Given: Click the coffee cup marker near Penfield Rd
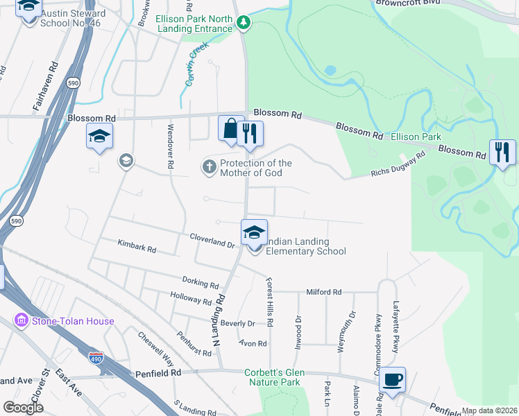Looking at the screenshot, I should [393, 380].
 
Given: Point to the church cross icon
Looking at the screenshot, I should [208, 167].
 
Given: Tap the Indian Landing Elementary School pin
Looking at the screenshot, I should [254, 232].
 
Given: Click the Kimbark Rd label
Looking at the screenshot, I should [137, 245].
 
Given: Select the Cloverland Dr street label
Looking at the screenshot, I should [213, 241].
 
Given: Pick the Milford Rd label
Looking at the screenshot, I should [324, 293].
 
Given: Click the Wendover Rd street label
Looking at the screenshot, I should [170, 147].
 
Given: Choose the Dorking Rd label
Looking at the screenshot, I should [200, 283].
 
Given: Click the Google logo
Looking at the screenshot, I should [23, 408].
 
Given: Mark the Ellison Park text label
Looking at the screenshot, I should [416, 137].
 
